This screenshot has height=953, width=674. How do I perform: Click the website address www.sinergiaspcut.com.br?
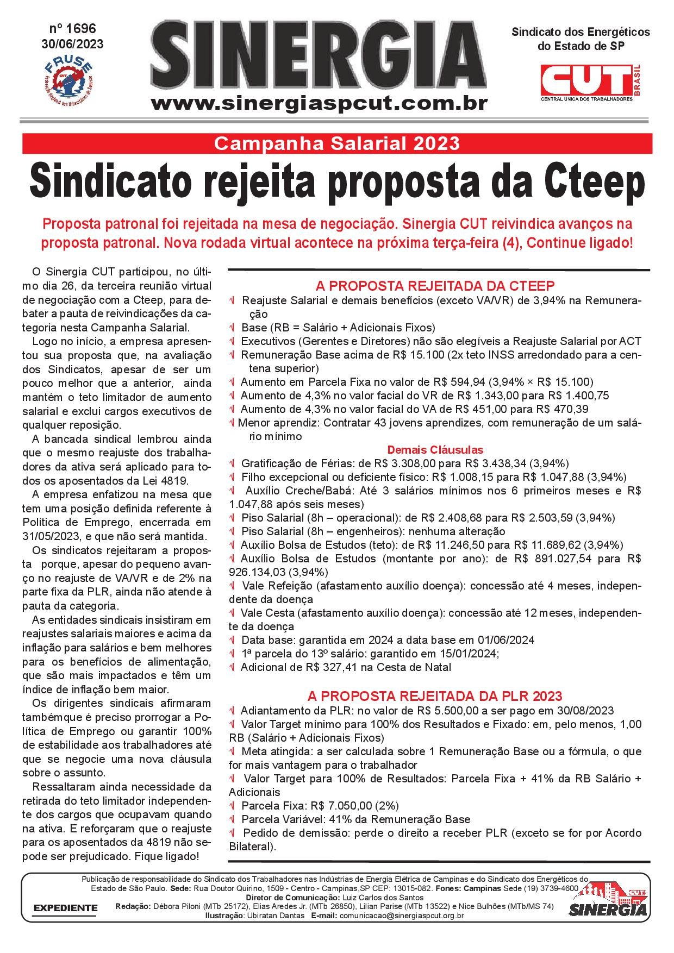click(x=319, y=103)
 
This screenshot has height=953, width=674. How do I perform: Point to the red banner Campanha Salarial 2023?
click(x=336, y=143)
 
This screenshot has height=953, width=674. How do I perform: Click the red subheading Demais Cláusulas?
click(x=435, y=450)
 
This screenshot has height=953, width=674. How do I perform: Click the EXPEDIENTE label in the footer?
click(x=66, y=907)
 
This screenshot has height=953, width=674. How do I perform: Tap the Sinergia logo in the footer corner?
click(x=608, y=901)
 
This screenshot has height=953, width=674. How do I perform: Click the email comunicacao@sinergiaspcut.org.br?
click(x=401, y=916)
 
